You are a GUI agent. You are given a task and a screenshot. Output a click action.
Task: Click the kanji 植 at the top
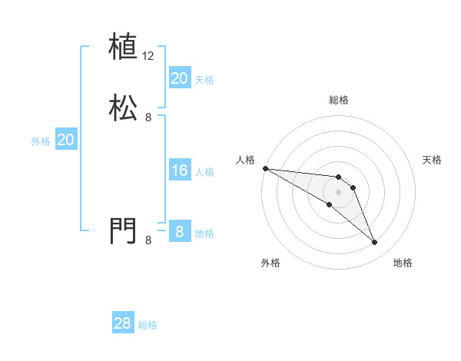pyautogui.click(x=123, y=47)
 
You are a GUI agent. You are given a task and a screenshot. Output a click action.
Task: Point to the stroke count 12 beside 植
pyautogui.click(x=148, y=56)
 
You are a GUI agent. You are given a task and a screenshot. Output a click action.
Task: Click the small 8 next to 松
pyautogui.click(x=148, y=118)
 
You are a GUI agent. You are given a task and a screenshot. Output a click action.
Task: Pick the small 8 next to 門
pyautogui.click(x=148, y=240)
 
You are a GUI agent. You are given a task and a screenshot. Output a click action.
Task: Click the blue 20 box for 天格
pyautogui.click(x=179, y=78)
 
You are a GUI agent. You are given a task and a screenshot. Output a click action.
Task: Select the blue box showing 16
pyautogui.click(x=179, y=171)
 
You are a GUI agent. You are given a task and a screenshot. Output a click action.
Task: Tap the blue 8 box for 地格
pyautogui.click(x=179, y=231)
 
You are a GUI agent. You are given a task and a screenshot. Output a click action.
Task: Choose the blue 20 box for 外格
pyautogui.click(x=66, y=140)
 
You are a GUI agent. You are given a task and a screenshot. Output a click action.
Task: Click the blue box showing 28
pyautogui.click(x=122, y=323)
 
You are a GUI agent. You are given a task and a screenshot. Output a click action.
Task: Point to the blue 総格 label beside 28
pyautogui.click(x=148, y=325)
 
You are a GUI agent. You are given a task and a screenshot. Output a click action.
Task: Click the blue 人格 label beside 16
pyautogui.click(x=205, y=172)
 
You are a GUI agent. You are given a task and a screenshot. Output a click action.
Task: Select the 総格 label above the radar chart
pyautogui.click(x=339, y=100)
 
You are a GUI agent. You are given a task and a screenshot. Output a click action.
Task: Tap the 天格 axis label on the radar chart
pyautogui.click(x=433, y=160)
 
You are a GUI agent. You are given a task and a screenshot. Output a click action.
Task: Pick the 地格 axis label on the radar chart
pyautogui.click(x=403, y=263)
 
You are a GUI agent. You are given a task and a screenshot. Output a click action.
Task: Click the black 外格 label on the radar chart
pyautogui.click(x=270, y=263)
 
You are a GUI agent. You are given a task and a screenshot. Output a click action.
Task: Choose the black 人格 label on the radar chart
pyautogui.click(x=245, y=160)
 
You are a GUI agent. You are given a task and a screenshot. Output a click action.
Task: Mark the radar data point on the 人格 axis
pyautogui.click(x=265, y=168)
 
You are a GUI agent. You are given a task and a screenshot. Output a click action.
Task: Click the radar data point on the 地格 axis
pyautogui.click(x=375, y=243)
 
